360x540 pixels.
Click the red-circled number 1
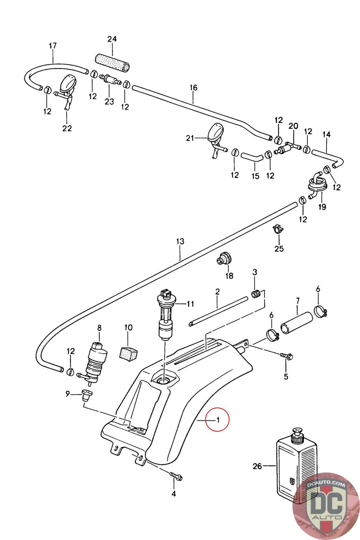coord(218,420)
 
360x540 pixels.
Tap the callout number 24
coord(112,39)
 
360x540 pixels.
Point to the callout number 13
coord(180,241)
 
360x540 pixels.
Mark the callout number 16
coord(193,87)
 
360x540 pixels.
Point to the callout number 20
coord(293,126)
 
